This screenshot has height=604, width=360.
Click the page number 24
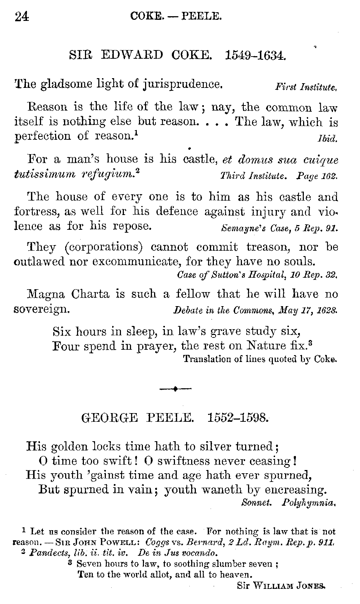(22, 17)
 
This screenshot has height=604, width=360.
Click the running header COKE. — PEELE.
(176, 16)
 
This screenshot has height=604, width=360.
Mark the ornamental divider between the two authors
(175, 389)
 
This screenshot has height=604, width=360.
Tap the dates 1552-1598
(238, 418)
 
